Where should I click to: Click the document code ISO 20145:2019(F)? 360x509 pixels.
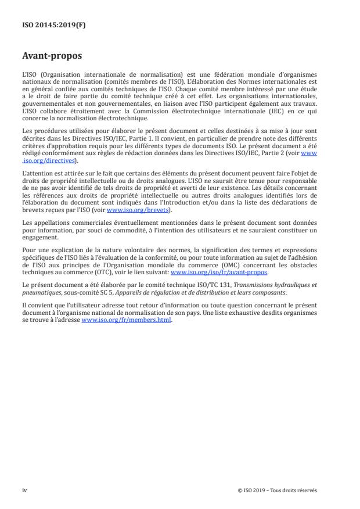48,25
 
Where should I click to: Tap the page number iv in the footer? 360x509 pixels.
24,490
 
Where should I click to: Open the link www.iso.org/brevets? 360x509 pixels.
131,211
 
